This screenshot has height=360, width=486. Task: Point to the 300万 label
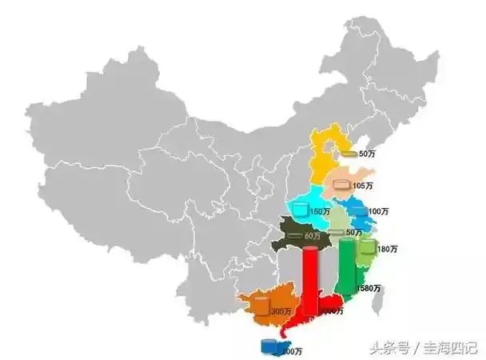(281, 311)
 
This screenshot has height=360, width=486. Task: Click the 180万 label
(387, 250)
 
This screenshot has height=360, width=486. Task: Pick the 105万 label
(363, 186)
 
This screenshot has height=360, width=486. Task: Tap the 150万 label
(320, 211)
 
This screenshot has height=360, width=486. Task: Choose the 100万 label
(378, 211)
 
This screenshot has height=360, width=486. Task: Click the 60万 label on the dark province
(312, 237)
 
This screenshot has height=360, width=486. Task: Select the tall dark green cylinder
(347, 268)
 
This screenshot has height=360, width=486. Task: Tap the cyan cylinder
(300, 210)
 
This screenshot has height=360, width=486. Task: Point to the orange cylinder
(262, 306)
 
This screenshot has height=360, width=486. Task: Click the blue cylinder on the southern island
(271, 346)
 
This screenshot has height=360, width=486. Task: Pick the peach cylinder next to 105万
(342, 186)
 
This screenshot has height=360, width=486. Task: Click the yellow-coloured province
(326, 152)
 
